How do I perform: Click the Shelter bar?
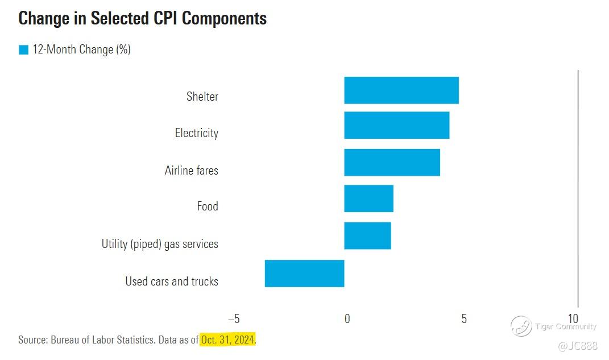point(401,90)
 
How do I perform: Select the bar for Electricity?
point(396,125)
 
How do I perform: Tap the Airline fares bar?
point(392,162)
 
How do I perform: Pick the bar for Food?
point(368,198)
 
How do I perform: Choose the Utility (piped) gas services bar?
point(367,235)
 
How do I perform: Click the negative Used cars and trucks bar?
point(304,273)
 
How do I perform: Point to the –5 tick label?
point(234,318)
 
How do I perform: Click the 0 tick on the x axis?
point(347,318)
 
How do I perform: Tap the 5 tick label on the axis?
point(464,318)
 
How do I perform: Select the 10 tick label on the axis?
point(573,318)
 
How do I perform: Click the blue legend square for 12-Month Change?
point(23,50)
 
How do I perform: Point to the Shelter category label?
point(202,96)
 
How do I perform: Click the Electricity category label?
point(196,133)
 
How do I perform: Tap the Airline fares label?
point(191,170)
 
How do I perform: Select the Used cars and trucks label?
point(171,281)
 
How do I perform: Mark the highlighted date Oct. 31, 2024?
point(227,340)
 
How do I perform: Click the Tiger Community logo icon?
point(521,326)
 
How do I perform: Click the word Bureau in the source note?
point(68,340)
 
